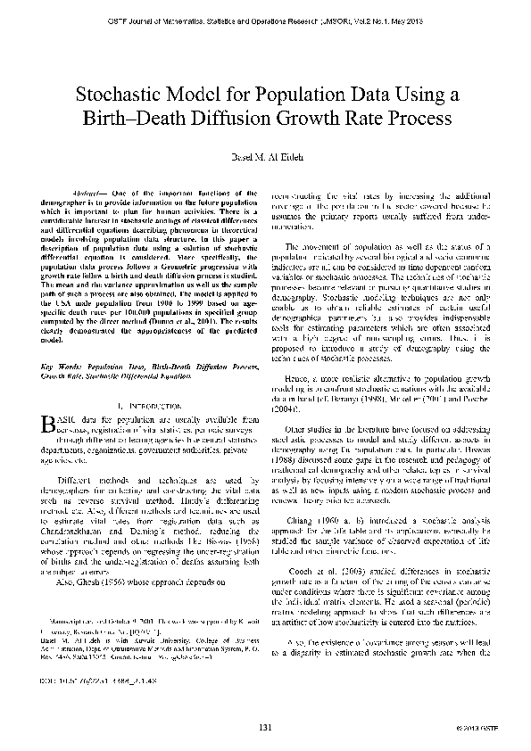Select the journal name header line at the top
[x=265, y=18]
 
